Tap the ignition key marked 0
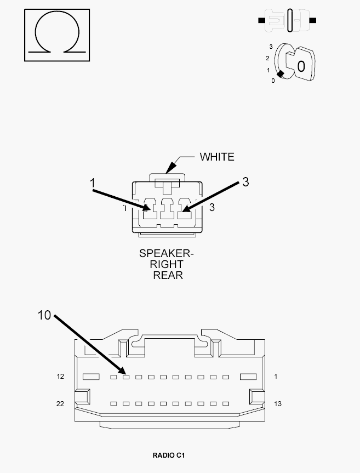[x=301, y=64]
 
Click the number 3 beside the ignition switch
[x=271, y=47]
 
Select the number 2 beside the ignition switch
[x=267, y=58]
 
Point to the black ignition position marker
[x=281, y=74]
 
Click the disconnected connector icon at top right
[x=287, y=20]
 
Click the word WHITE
[x=217, y=157]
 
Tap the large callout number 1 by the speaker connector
[x=93, y=183]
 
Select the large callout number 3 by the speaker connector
[x=245, y=182]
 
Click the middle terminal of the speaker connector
[x=167, y=208]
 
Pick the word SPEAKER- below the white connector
[x=166, y=253]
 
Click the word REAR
[x=168, y=275]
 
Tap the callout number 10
[x=44, y=315]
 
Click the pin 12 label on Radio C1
[x=60, y=376]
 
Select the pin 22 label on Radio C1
[x=60, y=403]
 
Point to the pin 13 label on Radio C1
[x=278, y=403]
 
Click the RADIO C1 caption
[x=169, y=455]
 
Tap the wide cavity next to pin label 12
[x=91, y=377]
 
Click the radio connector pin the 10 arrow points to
[x=126, y=377]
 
